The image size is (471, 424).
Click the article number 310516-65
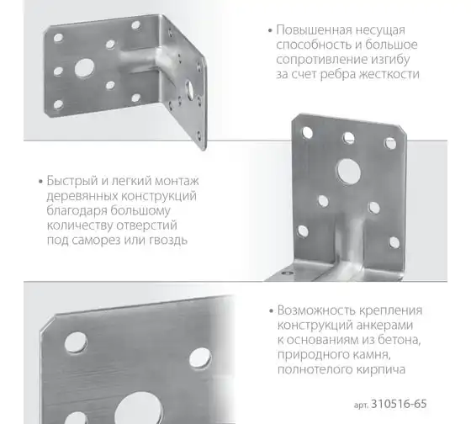399,404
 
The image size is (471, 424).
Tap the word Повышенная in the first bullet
315,30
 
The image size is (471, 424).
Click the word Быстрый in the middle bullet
71,181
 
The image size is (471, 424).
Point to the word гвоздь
168,240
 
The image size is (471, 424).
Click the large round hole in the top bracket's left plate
84,67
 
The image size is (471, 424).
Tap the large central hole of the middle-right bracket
348,171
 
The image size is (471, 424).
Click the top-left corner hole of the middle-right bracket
307,133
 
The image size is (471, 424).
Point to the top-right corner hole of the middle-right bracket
390,143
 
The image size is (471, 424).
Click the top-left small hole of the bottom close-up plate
76,342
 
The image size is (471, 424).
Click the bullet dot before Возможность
271,310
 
